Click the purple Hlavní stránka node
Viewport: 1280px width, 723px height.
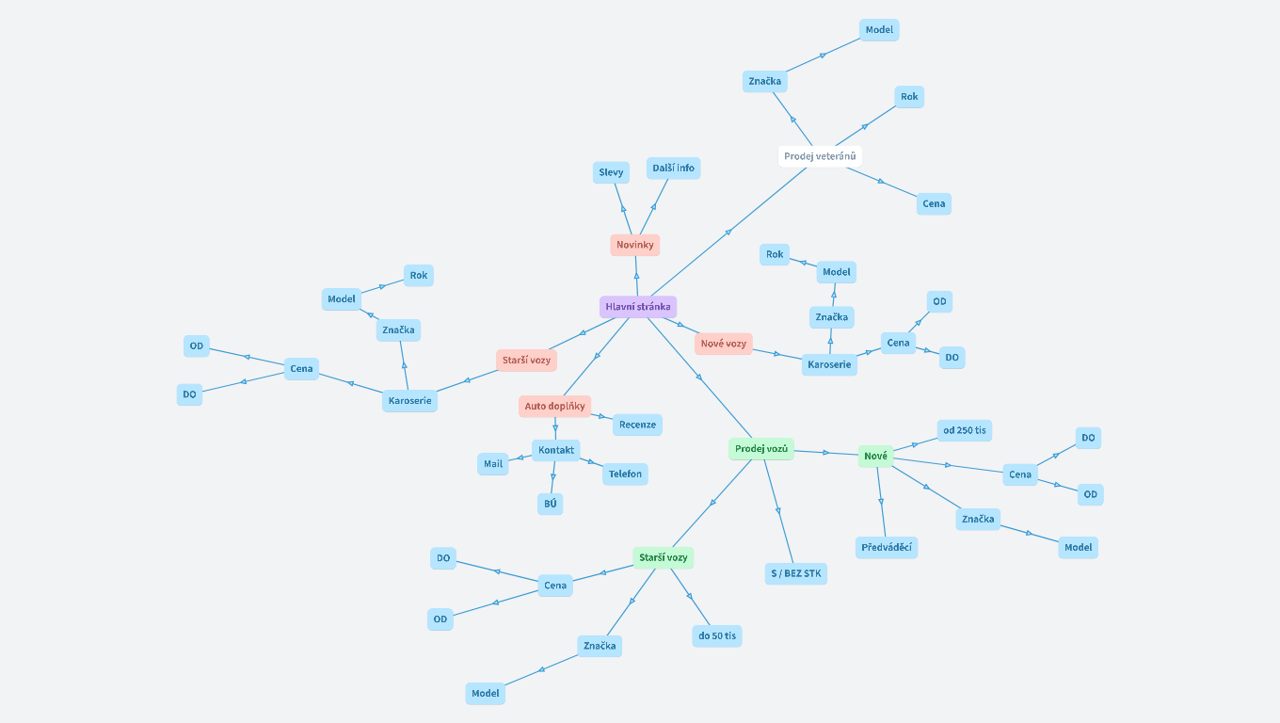[x=637, y=307]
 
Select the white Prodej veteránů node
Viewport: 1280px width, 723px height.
[x=820, y=156]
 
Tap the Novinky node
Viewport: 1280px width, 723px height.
[x=634, y=245]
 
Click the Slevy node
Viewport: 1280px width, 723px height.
[x=611, y=172]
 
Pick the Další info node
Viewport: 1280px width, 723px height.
[x=673, y=168]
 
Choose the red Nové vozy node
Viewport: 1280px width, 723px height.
[x=723, y=344]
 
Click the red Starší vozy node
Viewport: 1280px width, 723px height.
[x=526, y=360]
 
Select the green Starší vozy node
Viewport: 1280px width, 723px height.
[x=663, y=558]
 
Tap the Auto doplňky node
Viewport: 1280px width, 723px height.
[x=554, y=407]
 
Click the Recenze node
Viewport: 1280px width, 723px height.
[x=637, y=425]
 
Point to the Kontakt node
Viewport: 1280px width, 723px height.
[x=555, y=450]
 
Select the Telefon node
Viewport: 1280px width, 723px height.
[x=625, y=474]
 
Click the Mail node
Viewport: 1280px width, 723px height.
[x=493, y=463]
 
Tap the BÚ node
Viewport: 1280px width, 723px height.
[x=550, y=504]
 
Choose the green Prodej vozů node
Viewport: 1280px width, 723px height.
[x=760, y=449]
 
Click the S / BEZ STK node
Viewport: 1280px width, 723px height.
[x=795, y=573]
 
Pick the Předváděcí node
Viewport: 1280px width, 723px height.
[x=887, y=547]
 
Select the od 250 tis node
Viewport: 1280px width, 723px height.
[x=964, y=430]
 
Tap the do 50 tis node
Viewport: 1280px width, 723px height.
[x=716, y=636]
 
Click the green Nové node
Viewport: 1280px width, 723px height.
[x=875, y=457]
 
